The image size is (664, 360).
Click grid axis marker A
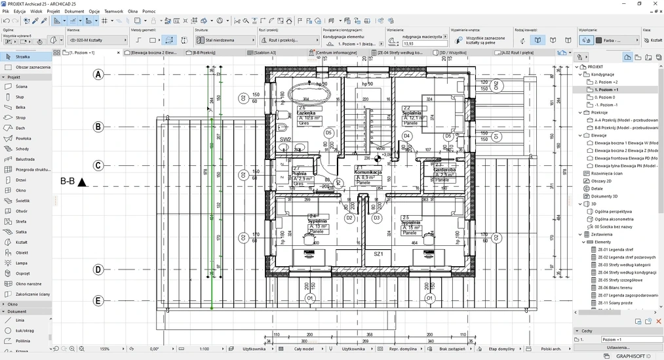[x=98, y=75]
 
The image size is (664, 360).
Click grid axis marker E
[x=98, y=301]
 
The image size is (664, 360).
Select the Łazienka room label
[x=306, y=113]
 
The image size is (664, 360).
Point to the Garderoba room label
[x=444, y=170]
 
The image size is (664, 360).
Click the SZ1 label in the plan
[x=378, y=254]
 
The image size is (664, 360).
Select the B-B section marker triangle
[x=82, y=182]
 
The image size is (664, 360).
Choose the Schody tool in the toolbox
[x=22, y=149]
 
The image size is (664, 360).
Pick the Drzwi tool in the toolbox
[x=21, y=180]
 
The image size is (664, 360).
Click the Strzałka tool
[x=22, y=57]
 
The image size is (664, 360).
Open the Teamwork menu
[x=113, y=11]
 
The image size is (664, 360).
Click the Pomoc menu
[x=149, y=11]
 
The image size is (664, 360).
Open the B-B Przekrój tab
[x=205, y=52]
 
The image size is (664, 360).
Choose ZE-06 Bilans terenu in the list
[x=617, y=287]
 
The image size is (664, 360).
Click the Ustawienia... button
[x=617, y=348]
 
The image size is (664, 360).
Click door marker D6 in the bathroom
[x=328, y=133]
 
